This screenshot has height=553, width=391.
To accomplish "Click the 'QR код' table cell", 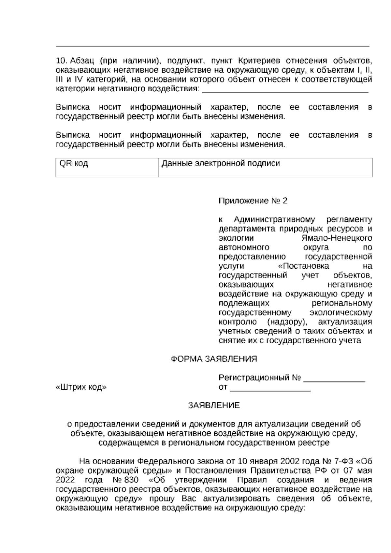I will [107, 168].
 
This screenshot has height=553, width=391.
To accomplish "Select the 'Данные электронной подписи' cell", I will [265, 168].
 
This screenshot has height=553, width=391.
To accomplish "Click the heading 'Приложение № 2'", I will [253, 201].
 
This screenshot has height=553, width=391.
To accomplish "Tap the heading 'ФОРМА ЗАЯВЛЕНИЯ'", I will [214, 359].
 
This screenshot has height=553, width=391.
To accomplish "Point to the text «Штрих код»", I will [81, 387].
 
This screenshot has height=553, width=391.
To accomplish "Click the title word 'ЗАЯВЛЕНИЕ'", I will [214, 405].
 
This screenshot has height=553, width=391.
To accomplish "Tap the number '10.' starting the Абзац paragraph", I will [62, 61].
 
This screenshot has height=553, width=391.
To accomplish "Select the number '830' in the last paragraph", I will [131, 480].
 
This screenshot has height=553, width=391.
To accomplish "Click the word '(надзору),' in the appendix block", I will [287, 322].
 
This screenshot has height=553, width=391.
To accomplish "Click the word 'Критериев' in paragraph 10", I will [259, 61].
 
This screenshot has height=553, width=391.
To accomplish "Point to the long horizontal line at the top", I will [212, 46].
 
